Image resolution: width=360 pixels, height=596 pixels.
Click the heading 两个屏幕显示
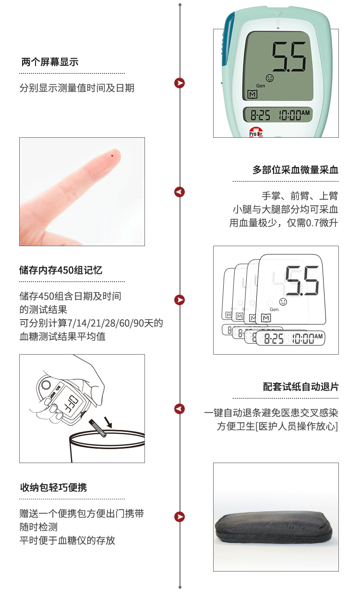tap(50, 62)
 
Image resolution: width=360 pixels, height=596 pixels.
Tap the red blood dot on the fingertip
tap(112, 155)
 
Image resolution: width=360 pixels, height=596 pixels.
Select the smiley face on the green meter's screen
tap(270, 78)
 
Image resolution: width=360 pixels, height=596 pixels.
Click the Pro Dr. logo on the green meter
tap(256, 133)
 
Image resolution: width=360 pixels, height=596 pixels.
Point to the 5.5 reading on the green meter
tap(289, 57)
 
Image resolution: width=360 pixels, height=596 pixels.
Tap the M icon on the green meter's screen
tap(252, 94)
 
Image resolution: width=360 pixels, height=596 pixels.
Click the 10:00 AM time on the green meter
tap(294, 115)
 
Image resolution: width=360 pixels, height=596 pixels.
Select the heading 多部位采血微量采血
tap(295, 170)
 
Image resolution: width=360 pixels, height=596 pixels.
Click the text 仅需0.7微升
tap(312, 223)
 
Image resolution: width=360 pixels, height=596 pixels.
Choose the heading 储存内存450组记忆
tap(60, 270)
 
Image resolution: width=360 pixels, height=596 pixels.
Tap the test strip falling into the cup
tap(97, 429)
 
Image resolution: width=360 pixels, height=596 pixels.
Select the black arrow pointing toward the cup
tap(108, 422)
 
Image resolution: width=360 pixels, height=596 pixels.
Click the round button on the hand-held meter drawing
tap(46, 385)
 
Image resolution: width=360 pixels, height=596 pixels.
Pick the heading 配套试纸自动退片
tap(300, 387)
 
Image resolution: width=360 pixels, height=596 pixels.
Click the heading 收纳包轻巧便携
tap(53, 488)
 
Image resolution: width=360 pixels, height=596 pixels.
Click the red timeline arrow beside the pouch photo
tap(180, 517)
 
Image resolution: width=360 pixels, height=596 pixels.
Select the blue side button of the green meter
tap(228, 40)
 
